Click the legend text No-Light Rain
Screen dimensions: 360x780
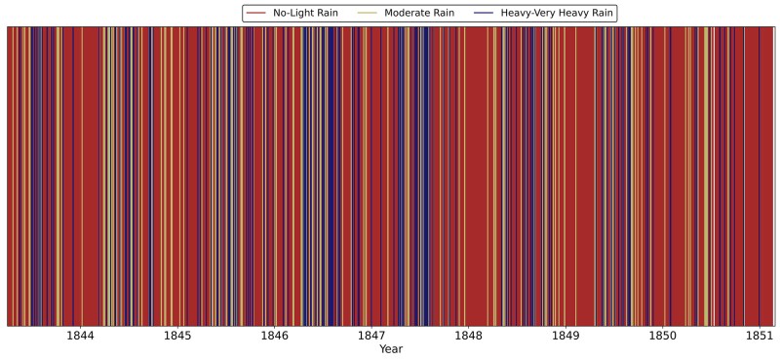305,14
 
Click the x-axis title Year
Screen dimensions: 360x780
391,349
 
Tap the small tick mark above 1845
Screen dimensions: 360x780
177,327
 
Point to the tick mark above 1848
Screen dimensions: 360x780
469,327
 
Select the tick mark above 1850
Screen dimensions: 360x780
663,327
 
